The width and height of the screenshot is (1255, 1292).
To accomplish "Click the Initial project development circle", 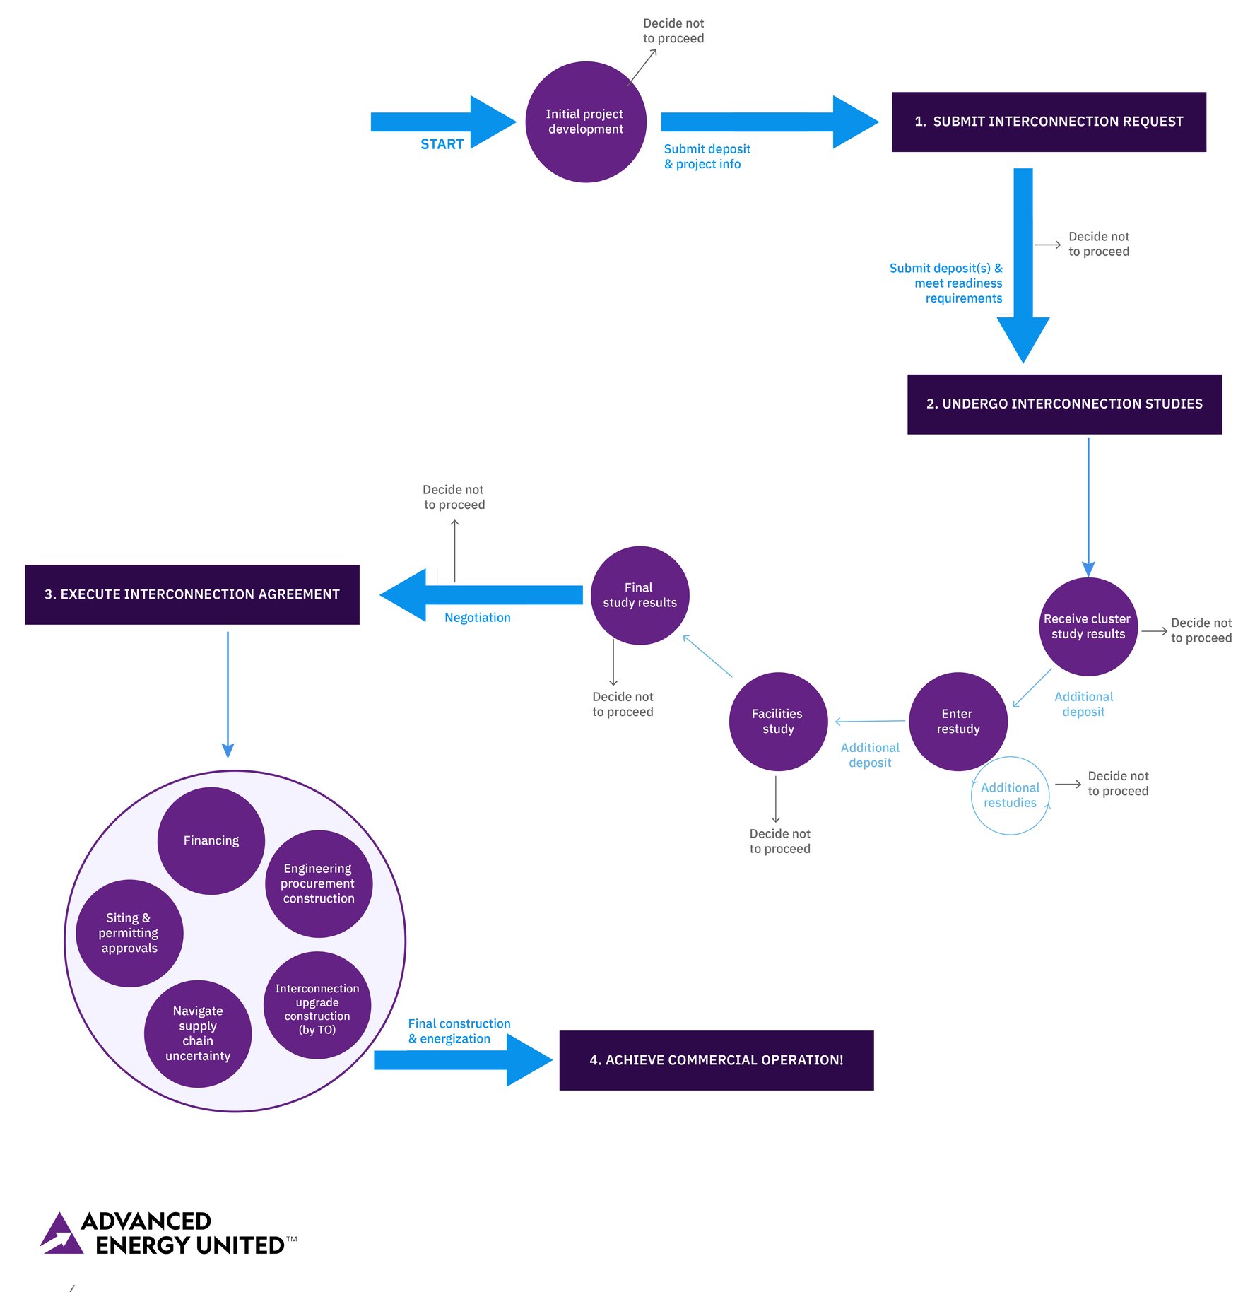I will point(585,122).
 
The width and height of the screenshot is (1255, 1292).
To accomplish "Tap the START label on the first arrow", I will point(442,144).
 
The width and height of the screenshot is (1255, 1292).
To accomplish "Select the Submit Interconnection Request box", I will point(1048,122).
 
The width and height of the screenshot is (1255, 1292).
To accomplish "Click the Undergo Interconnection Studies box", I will point(1063,404).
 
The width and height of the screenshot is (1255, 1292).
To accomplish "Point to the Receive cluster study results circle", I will point(1088,626).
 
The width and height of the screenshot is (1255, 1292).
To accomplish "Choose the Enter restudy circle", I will point(958,721).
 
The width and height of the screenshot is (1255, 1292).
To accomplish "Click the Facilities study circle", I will point(777,721).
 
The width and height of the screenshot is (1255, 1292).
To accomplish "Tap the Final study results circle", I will point(640,595).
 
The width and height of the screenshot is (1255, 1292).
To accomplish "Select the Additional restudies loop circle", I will point(1010,796).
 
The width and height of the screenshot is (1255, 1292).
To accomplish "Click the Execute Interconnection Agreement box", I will point(192,594).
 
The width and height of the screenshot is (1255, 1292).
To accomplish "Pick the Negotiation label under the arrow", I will point(477,618).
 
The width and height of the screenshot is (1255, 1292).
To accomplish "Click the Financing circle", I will point(211,840).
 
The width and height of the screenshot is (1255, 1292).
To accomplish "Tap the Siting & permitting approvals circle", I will point(129,933).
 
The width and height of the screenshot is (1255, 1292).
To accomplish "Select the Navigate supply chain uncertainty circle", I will point(198,1033).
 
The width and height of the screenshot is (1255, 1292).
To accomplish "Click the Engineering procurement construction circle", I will point(318,883).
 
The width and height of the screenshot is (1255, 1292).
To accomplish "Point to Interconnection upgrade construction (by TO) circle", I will point(317,1005).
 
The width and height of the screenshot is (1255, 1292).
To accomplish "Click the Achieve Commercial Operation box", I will point(716,1060).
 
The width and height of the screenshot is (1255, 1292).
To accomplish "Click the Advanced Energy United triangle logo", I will point(61,1234).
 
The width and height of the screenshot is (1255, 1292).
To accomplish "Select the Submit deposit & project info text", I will point(706,156).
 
